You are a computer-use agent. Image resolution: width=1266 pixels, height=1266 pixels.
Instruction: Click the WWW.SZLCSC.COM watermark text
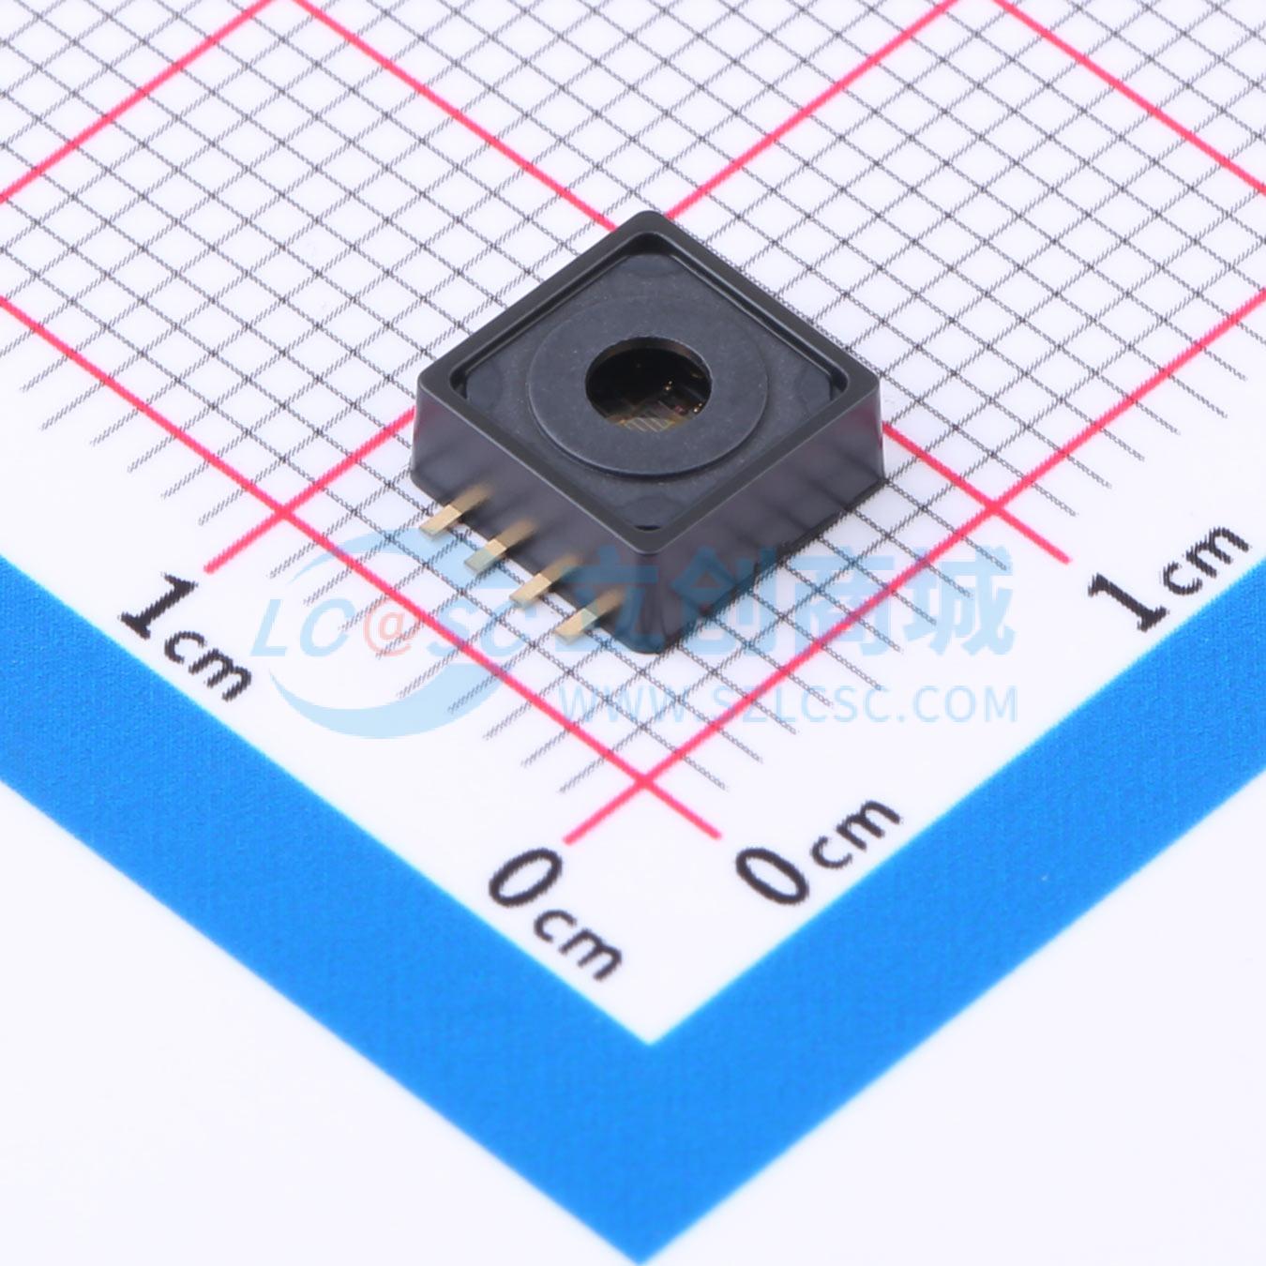click(788, 702)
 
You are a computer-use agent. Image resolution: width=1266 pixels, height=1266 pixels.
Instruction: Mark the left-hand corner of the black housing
click(418, 379)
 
